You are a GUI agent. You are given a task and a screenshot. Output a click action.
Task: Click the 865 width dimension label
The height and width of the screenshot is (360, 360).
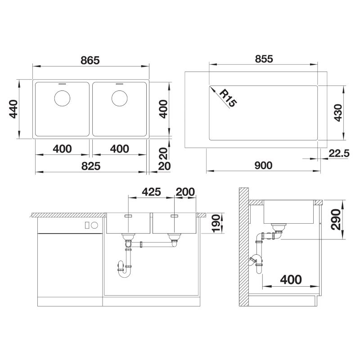(x=90, y=60)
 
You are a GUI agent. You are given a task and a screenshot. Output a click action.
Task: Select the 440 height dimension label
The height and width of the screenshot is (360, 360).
(x=13, y=109)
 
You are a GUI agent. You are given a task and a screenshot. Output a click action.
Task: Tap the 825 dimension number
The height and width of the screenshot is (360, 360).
(x=91, y=166)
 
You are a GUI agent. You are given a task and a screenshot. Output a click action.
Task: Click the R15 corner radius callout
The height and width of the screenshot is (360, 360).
(x=228, y=99)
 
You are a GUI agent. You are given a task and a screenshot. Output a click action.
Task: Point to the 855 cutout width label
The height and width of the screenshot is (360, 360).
(x=264, y=59)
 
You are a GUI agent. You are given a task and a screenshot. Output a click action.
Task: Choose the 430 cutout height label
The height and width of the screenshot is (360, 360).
(x=338, y=112)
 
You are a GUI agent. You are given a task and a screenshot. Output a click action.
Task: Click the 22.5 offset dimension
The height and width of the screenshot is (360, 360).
(x=339, y=153)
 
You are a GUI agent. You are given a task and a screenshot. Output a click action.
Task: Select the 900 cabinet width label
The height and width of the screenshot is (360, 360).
(x=263, y=165)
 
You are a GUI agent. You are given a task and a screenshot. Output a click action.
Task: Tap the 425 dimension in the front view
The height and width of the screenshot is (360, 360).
(x=151, y=192)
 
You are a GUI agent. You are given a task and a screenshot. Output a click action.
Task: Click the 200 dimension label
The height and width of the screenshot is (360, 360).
(x=185, y=192)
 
